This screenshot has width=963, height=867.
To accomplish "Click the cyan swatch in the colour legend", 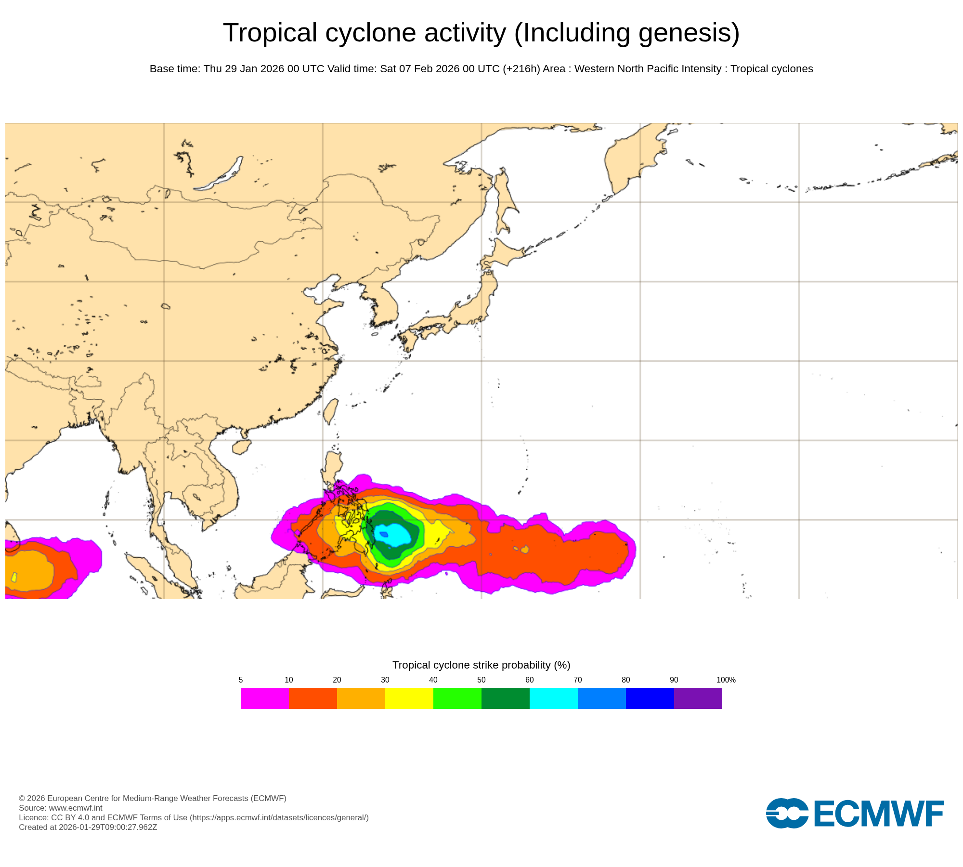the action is [x=554, y=698].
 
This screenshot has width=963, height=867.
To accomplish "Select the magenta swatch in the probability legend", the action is [x=265, y=698].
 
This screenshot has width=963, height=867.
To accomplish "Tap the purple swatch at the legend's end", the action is [x=698, y=698].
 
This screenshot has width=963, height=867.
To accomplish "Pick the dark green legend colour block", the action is [x=506, y=698].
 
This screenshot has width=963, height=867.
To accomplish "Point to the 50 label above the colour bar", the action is [x=481, y=680].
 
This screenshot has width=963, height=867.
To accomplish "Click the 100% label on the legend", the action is [x=726, y=680].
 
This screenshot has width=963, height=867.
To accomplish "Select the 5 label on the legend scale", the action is [x=241, y=680].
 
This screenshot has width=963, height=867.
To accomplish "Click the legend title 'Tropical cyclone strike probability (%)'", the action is [x=481, y=665].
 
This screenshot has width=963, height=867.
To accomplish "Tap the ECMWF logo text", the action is [x=879, y=814].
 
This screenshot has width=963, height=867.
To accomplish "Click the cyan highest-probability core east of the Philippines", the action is [x=396, y=535].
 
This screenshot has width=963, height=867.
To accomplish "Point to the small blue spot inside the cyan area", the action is [x=384, y=534].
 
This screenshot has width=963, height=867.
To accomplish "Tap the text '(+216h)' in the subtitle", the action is [x=521, y=69].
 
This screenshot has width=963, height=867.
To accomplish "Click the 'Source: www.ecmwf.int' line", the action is [x=61, y=808].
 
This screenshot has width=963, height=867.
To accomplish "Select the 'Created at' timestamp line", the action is [x=88, y=827].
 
